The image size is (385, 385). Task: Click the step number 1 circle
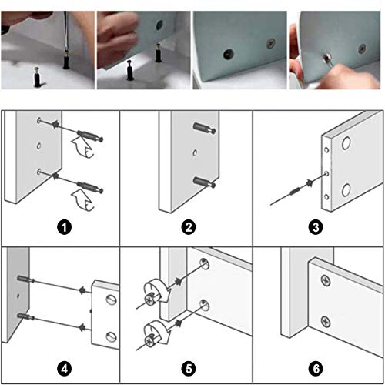[64, 227]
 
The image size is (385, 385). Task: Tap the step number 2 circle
[189, 227]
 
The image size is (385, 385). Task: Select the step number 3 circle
[316, 227]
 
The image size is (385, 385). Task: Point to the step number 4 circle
[64, 369]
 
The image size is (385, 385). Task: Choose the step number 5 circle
[189, 369]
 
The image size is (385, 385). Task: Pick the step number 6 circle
[316, 369]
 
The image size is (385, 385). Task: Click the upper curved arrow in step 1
[82, 147]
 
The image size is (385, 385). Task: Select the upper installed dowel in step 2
[204, 128]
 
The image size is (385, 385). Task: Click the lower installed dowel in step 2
[204, 182]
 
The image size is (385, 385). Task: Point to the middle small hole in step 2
[195, 153]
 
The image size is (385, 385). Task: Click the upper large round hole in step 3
[346, 143]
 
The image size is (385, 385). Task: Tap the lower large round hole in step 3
[346, 190]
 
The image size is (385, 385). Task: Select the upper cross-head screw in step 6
[326, 280]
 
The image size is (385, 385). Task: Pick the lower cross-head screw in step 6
[326, 322]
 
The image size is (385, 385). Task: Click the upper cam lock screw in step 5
[149, 300]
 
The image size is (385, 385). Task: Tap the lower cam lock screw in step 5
[149, 340]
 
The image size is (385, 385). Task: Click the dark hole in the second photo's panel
[159, 25]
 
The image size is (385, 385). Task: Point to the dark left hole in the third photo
[228, 54]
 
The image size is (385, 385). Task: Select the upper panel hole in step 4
[111, 300]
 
